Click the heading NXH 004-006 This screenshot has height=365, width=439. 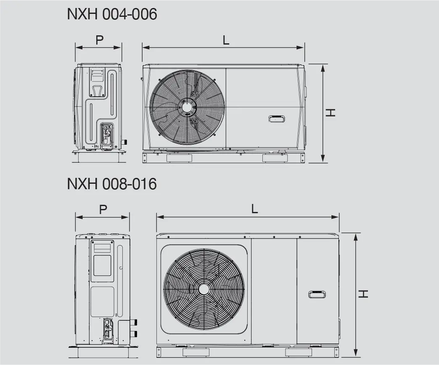pyautogui.click(x=112, y=14)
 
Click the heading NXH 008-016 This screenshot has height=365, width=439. pyautogui.click(x=112, y=184)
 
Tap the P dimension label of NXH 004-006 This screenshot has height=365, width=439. pyautogui.click(x=99, y=40)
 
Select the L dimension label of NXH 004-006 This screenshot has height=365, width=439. pyautogui.click(x=226, y=40)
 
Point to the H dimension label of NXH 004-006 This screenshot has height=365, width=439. pyautogui.click(x=331, y=113)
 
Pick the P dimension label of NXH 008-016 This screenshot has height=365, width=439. pyautogui.click(x=103, y=209)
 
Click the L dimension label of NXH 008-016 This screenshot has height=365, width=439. pyautogui.click(x=254, y=209)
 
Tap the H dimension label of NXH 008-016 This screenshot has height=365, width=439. pyautogui.click(x=363, y=294)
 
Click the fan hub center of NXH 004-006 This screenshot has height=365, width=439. pyautogui.click(x=187, y=107)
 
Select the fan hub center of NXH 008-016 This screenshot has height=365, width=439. pyautogui.click(x=204, y=289)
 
